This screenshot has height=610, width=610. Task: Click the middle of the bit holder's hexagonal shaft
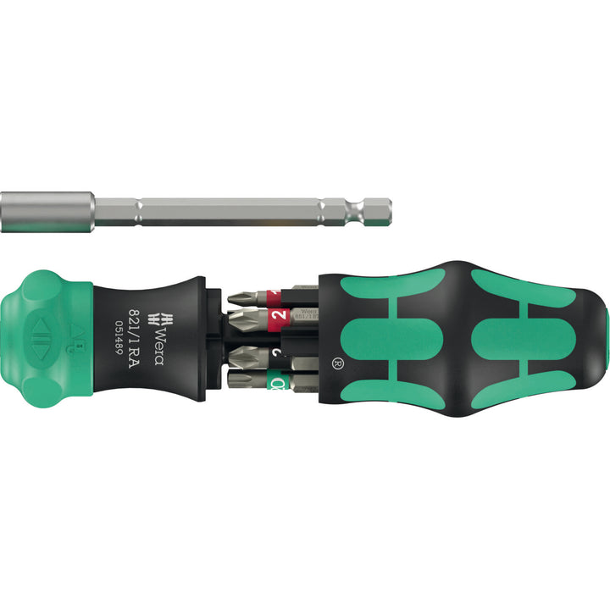click(x=229, y=211)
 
